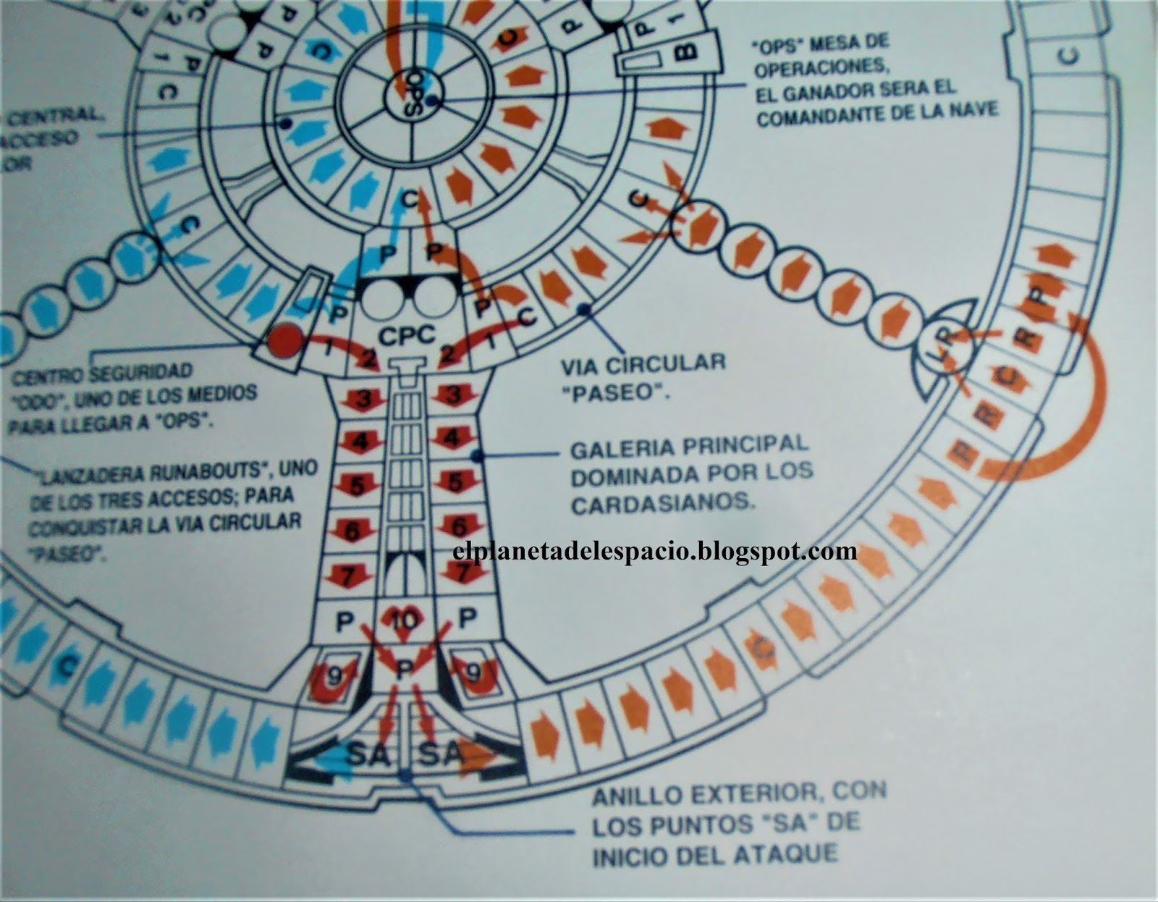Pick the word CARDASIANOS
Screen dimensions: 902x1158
[x=662, y=502]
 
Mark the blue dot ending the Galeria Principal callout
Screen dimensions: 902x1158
[x=476, y=455]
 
